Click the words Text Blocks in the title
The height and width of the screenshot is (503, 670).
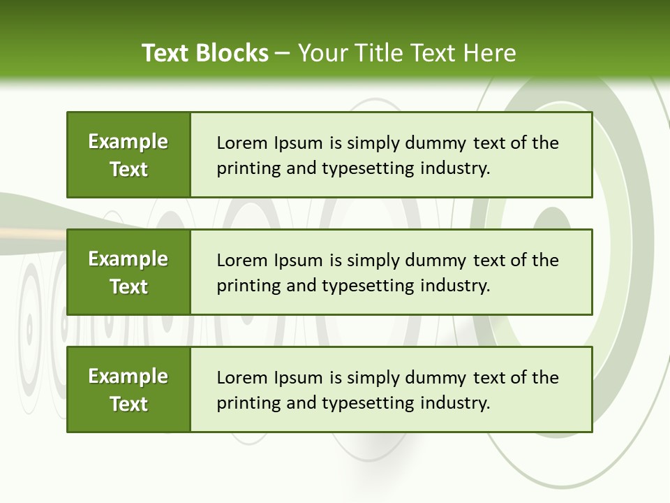pos(204,53)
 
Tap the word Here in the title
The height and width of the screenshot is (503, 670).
pos(489,53)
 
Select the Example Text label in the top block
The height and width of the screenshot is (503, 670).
pos(128,155)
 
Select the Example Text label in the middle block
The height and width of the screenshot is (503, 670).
pos(128,272)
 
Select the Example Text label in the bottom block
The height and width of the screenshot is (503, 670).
pos(128,390)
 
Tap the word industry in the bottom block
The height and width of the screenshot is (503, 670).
pos(454,403)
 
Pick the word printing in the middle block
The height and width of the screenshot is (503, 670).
pos(246,286)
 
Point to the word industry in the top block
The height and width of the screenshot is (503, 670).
pos(454,168)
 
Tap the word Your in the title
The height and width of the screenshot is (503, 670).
pos(322,53)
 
